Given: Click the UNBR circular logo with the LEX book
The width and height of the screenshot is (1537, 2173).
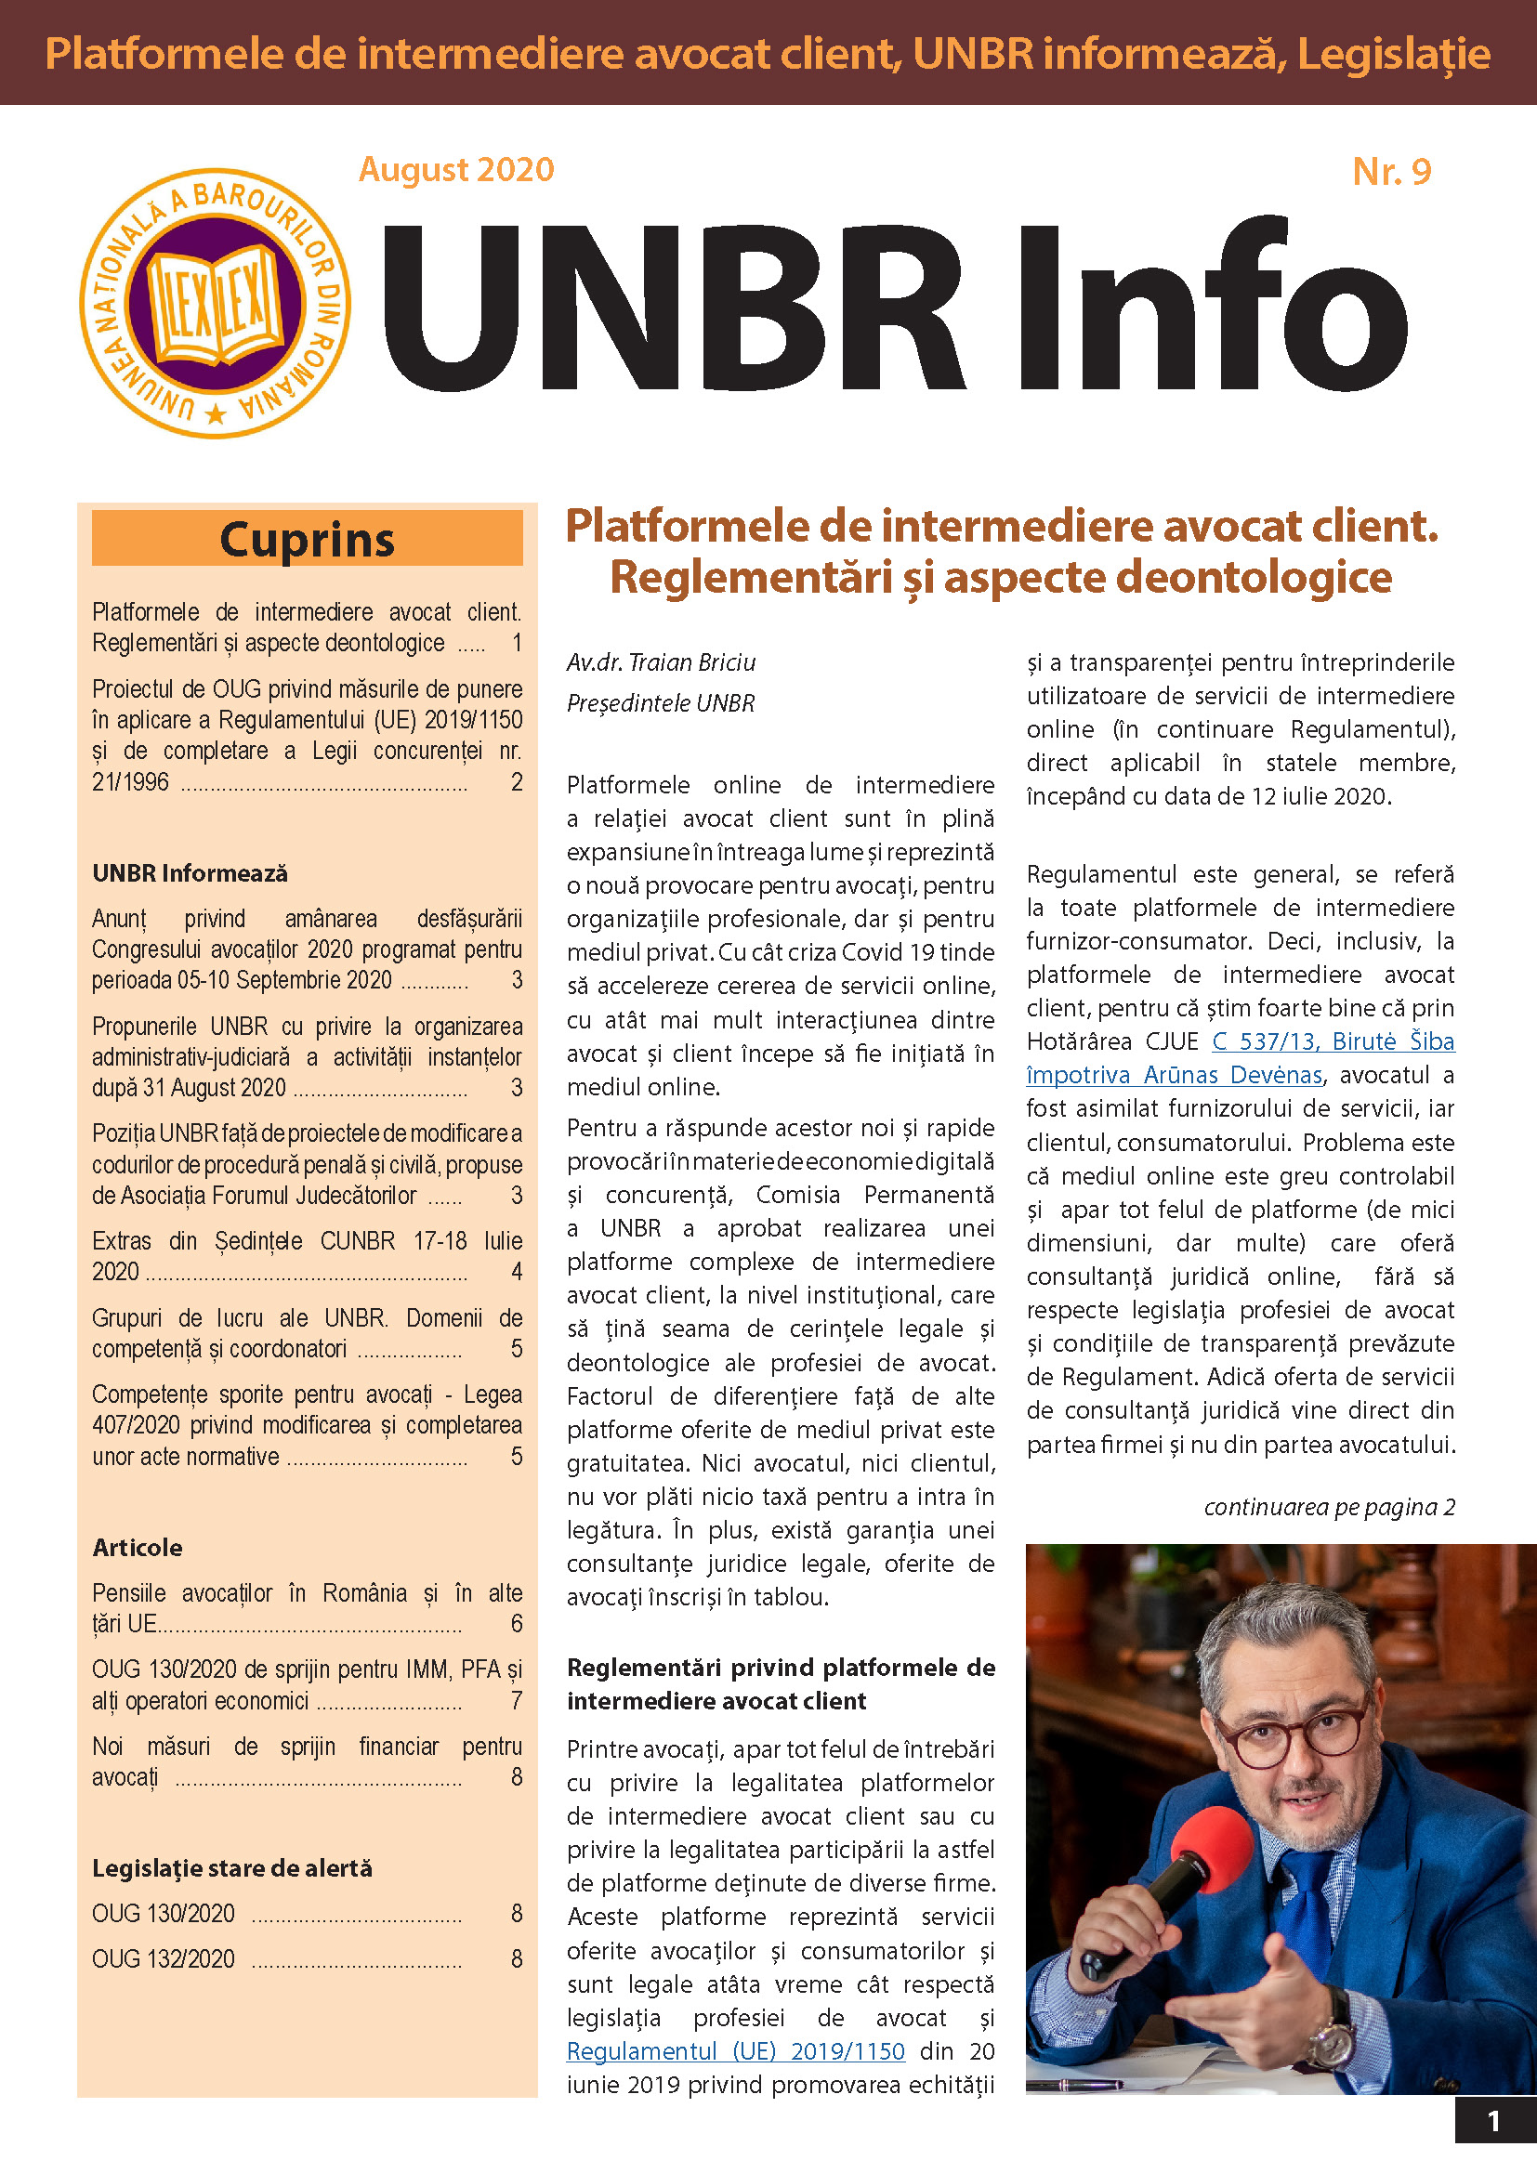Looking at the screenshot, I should (216, 303).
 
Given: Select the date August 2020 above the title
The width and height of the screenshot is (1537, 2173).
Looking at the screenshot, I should (456, 169).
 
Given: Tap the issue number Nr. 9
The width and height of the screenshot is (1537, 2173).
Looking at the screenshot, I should (1390, 171).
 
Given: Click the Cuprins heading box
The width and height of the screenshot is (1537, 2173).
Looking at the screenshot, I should (307, 540).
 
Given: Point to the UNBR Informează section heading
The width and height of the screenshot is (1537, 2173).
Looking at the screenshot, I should (190, 872).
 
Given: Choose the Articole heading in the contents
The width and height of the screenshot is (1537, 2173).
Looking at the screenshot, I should (138, 1548).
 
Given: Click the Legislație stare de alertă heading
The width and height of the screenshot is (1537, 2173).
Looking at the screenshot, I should (232, 1868).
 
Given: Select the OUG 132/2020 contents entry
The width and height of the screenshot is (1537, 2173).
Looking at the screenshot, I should (163, 1958).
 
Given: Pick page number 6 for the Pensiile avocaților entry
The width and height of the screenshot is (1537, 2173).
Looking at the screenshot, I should (517, 1624).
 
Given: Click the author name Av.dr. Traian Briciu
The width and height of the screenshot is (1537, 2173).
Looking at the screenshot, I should (661, 662).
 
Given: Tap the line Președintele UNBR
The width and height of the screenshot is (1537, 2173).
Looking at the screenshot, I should (661, 703).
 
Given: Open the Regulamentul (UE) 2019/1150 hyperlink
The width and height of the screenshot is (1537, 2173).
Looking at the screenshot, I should (735, 2051).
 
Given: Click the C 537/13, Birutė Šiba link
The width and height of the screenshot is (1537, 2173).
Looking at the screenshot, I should (1333, 1041).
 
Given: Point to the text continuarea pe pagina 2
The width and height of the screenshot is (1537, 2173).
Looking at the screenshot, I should (1329, 1507).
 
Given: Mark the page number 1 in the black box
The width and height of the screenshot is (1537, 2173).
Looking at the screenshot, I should (1493, 2121).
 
